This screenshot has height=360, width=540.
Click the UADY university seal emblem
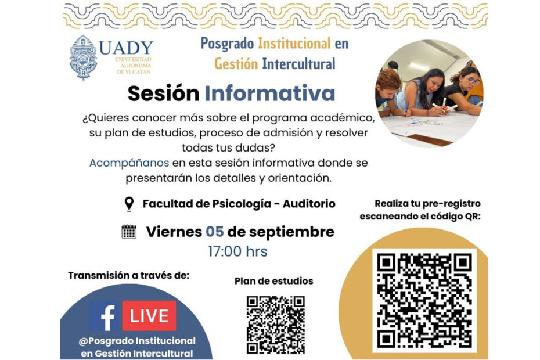(x=83, y=57)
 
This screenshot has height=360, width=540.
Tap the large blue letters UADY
(x=126, y=48)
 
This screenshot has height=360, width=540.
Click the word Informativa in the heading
(x=270, y=93)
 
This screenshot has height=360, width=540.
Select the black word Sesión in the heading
(x=164, y=93)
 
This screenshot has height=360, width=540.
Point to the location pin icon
(x=129, y=204)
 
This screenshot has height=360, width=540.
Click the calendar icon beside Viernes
(x=129, y=232)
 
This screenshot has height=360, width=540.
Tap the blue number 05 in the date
(x=215, y=232)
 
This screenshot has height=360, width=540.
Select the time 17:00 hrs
(x=237, y=251)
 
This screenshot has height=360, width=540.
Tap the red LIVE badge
(x=149, y=315)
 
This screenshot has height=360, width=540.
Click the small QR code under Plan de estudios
(x=275, y=325)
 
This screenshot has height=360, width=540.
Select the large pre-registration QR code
(x=424, y=300)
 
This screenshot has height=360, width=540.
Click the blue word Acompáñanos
(x=129, y=163)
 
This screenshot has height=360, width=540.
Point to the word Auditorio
(x=309, y=204)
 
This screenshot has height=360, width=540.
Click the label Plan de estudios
(x=274, y=281)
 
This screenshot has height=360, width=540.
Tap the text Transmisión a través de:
(x=128, y=276)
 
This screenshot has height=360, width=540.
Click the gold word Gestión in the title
(x=236, y=64)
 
